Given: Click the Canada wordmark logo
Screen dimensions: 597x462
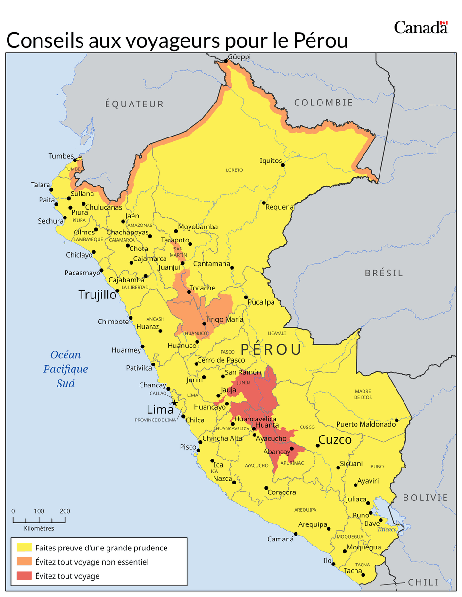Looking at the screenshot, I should (421, 27).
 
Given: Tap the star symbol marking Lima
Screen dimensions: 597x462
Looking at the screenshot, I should (174, 403).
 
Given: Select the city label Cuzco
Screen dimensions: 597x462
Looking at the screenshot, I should (335, 440).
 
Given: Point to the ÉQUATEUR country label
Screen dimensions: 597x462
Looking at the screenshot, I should (134, 104).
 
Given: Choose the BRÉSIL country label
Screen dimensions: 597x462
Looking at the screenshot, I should (384, 273).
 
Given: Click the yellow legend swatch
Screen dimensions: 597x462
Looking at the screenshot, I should (24, 548).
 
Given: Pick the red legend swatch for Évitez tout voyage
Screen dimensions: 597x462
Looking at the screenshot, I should (24, 576).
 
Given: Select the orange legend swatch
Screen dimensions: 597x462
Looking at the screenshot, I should (24, 562).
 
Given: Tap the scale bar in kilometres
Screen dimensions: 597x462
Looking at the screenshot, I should (39, 520).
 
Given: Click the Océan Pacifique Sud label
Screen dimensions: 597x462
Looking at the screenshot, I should (66, 369).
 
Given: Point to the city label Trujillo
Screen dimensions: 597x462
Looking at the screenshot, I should (97, 295).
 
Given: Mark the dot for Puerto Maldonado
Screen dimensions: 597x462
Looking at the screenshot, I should (396, 420).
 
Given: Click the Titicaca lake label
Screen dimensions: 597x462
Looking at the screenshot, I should (387, 529).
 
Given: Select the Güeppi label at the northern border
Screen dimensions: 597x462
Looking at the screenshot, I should (239, 57).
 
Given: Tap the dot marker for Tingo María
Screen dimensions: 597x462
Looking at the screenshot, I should (204, 324).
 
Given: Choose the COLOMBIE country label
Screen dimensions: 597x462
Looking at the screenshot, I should (323, 103).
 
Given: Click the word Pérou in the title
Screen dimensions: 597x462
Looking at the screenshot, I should (321, 40).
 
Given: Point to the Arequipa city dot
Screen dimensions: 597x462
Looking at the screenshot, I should (329, 529).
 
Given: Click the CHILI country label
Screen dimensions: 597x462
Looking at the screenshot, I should (423, 582).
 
